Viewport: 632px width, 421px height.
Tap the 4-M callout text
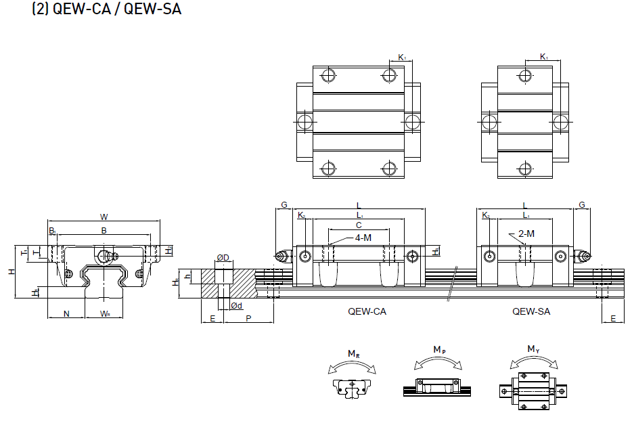(x=362, y=238)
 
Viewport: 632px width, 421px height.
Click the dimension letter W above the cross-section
(x=104, y=217)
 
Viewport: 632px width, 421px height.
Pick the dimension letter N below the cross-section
(x=66, y=313)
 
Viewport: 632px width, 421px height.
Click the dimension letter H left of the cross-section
(x=11, y=271)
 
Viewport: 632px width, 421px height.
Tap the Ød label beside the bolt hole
(x=236, y=306)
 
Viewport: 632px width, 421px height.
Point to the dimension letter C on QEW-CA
(x=359, y=225)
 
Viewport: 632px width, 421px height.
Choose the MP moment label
(x=439, y=349)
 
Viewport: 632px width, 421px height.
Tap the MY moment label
(x=533, y=349)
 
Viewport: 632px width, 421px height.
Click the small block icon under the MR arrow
(x=351, y=388)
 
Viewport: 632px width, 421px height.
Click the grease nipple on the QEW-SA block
(x=583, y=256)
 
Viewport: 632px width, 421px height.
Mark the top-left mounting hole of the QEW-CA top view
(x=329, y=74)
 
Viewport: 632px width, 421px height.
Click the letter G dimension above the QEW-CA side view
(x=284, y=204)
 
